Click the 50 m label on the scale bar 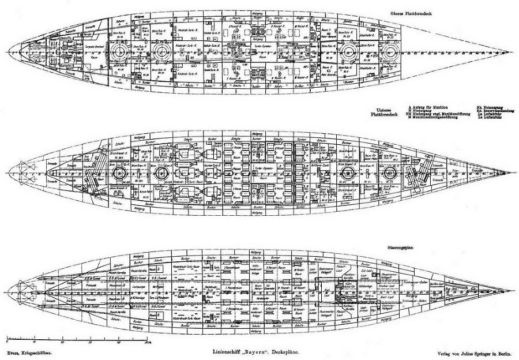tap(148, 342)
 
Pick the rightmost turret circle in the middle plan tap(385, 172)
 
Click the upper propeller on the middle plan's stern tap(24, 165)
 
